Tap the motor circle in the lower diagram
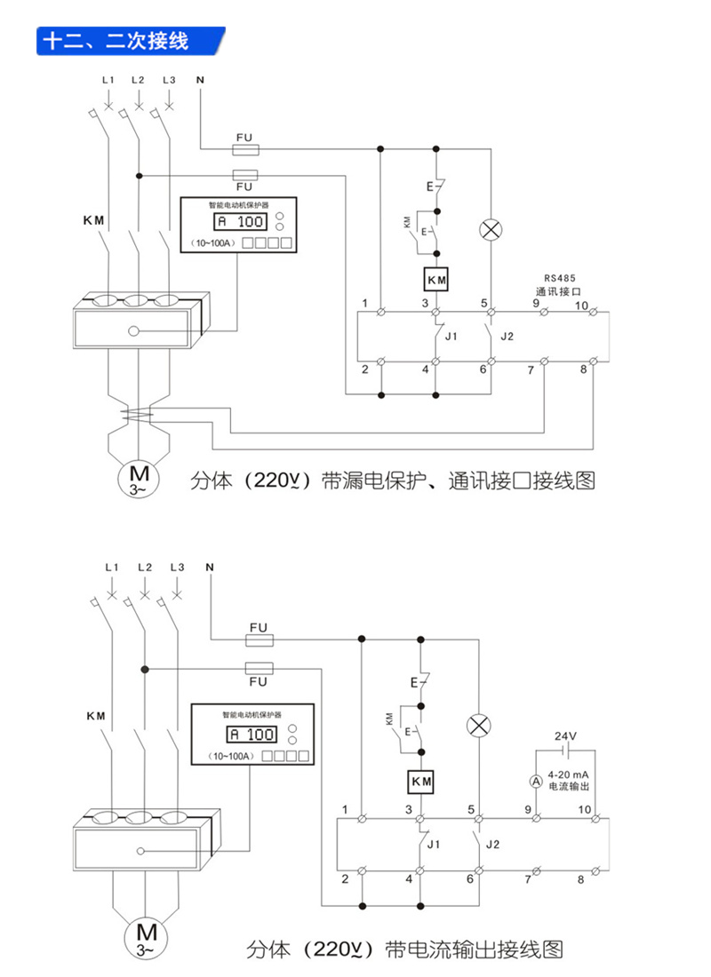pos(145,937)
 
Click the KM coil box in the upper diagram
pos(435,281)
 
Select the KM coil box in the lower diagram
pos(420,782)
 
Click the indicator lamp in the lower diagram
pos(479,725)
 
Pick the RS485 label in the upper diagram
pos(560,277)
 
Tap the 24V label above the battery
pos(565,736)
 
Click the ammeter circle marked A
pos(536,781)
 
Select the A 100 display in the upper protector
pos(240,222)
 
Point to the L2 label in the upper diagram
pos(138,81)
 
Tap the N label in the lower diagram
pos(211,567)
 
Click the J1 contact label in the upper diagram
pos(451,337)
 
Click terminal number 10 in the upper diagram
pos(581,306)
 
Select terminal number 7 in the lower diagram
pos(527,879)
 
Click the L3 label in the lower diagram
pos(176,567)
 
